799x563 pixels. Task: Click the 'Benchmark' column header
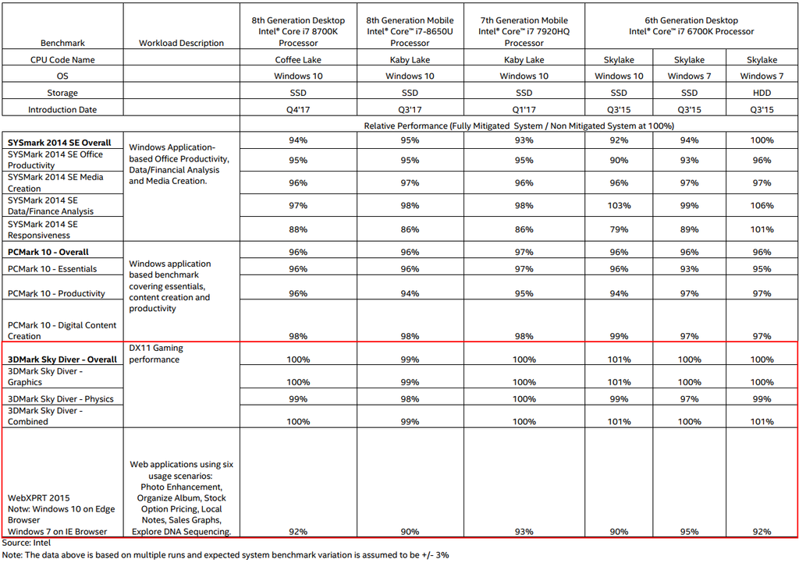62,43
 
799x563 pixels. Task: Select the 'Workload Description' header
181,43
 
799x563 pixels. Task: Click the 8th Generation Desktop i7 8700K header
298,32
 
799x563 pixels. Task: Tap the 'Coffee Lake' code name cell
298,60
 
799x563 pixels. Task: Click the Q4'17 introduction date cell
298,110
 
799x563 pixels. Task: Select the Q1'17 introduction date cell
524,110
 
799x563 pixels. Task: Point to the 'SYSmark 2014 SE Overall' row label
59,143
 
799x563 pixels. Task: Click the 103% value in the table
619,206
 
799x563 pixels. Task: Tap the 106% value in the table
762,206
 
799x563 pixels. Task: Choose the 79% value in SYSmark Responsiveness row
619,229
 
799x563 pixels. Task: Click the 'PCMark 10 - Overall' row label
48,252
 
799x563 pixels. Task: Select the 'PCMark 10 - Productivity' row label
56,294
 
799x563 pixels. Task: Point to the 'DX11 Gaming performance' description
156,353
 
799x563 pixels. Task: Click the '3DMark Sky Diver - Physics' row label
61,398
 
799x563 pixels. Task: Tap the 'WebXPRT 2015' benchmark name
39,497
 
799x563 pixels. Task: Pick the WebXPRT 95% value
690,532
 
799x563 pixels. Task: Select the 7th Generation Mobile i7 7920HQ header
524,32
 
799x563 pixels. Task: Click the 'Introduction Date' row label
62,110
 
